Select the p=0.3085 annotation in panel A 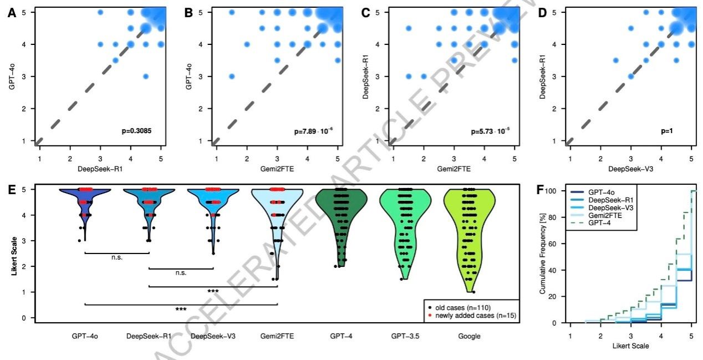point(136,131)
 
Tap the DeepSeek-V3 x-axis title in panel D point(630,161)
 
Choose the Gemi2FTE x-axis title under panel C point(454,161)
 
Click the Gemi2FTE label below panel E point(277,336)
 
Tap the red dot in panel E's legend point(431,316)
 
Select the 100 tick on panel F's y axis point(556,191)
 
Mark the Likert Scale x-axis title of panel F point(630,346)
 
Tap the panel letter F point(543,190)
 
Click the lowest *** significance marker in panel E point(181,309)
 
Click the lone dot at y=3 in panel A point(146,76)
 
